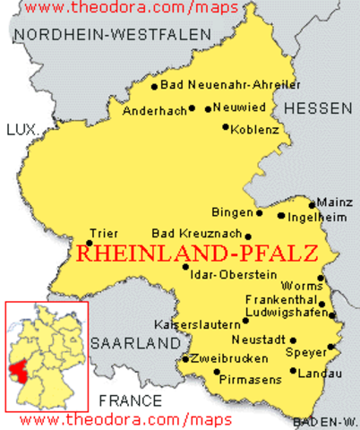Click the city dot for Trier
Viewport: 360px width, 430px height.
90,231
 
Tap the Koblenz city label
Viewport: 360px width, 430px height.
255,130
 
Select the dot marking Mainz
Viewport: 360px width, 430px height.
313,204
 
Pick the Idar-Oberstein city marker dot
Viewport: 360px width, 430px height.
185,266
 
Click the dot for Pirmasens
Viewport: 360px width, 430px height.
217,372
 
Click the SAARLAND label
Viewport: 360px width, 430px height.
135,343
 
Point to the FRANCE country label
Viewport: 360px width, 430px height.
131,400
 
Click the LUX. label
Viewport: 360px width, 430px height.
21,131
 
